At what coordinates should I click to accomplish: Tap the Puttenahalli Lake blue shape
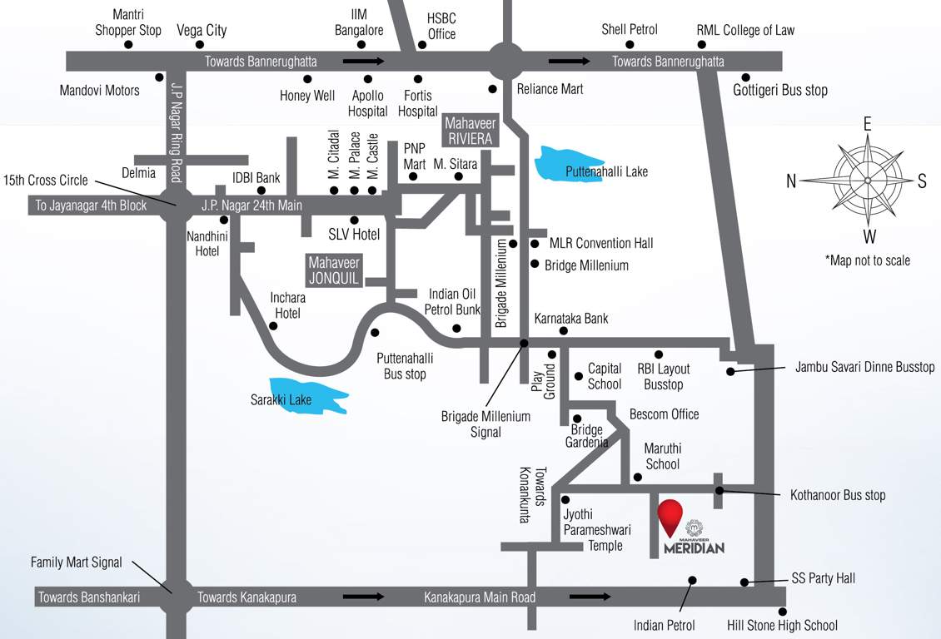575,164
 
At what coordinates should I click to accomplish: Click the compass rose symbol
868,181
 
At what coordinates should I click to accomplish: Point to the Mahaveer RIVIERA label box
471,130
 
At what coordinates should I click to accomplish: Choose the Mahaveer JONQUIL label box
334,270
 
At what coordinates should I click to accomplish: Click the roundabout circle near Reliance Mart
508,62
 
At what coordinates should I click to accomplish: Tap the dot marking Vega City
200,45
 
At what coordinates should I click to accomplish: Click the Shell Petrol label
630,30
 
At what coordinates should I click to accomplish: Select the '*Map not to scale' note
867,260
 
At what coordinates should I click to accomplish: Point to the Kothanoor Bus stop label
838,495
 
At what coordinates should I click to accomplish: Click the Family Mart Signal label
77,562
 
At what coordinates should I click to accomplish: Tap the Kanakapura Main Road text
480,597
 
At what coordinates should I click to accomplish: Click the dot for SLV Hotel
354,220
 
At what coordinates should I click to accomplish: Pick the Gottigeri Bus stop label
780,90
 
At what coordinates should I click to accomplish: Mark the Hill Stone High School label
782,625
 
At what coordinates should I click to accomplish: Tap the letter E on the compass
867,125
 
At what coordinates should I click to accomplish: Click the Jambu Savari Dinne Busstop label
865,367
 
